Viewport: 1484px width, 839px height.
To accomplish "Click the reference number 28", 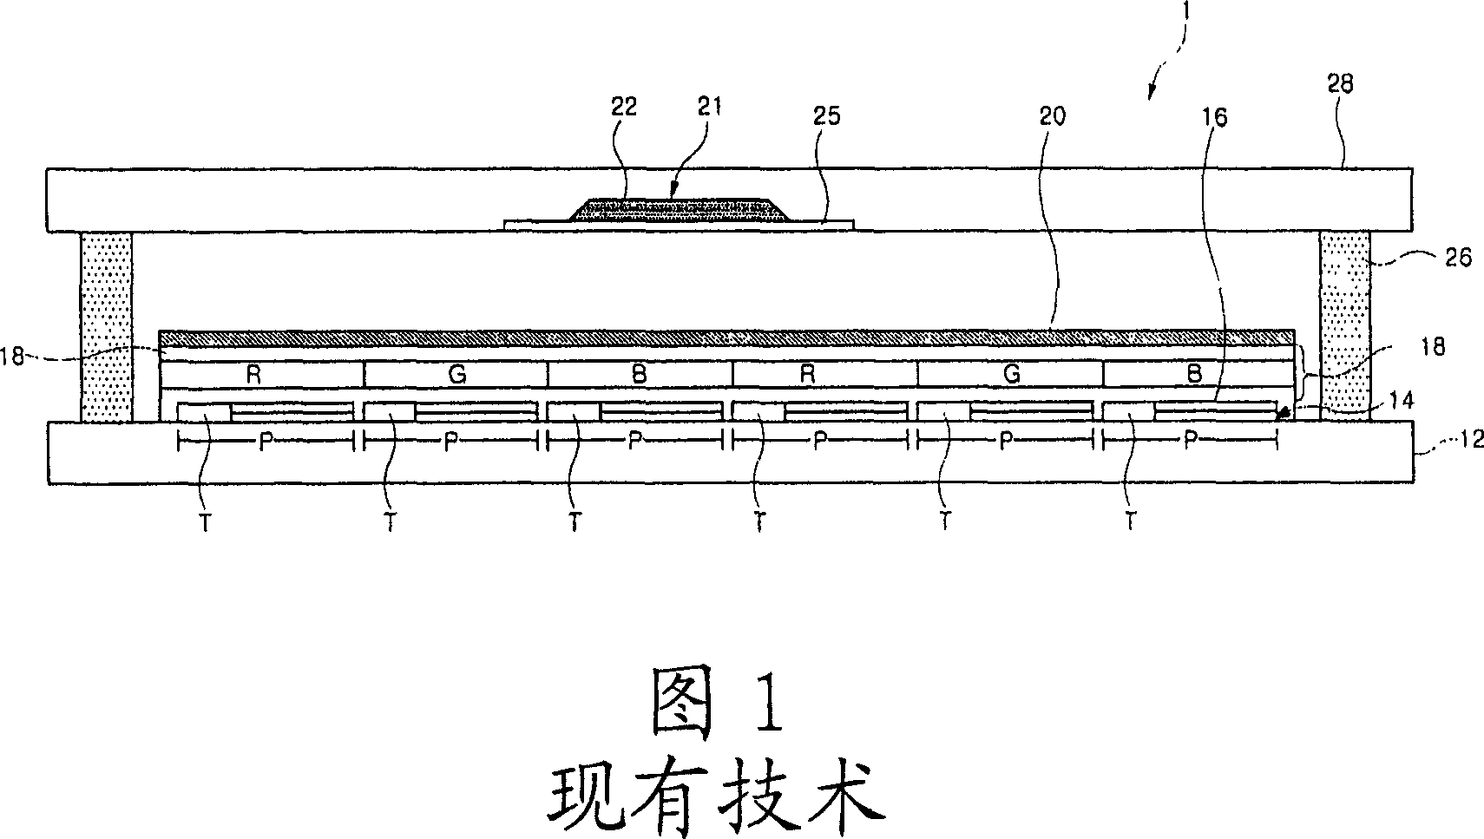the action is coord(1340,84).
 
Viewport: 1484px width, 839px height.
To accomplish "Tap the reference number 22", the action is coord(623,106).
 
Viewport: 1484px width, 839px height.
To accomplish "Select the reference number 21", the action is coord(710,106).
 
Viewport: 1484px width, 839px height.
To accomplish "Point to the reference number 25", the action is coord(826,116).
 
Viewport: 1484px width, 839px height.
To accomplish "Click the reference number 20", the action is coord(1052,116).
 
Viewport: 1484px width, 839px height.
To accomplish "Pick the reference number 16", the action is coord(1215,117).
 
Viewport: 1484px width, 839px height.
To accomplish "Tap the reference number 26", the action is coord(1457,257).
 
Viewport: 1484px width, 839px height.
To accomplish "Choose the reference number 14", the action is coord(1402,400).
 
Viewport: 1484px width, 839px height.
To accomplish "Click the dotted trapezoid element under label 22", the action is coord(679,210).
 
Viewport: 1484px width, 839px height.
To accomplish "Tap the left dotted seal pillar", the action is coord(107,327).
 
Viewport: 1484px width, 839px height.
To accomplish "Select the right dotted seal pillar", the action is coord(1345,326).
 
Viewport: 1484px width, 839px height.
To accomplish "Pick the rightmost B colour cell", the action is coord(1198,375).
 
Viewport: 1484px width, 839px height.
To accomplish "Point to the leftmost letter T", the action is coord(206,522).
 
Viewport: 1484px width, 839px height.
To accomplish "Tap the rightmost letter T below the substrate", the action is coord(1130,521).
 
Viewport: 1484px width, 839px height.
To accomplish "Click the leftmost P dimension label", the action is coord(266,442).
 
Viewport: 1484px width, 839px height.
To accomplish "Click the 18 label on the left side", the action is coord(13,357).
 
